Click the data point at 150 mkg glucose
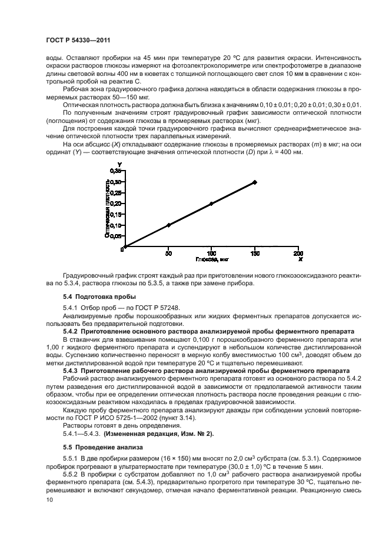254,182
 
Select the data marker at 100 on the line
211,204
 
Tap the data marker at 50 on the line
168,225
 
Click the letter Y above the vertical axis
120,164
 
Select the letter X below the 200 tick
300,259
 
